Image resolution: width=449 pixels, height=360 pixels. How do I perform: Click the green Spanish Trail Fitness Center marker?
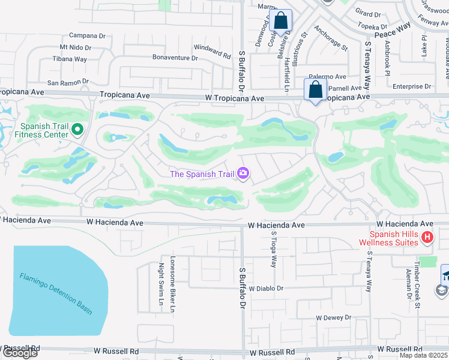77,129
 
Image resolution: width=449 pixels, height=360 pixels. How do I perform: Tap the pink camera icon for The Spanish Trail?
244,174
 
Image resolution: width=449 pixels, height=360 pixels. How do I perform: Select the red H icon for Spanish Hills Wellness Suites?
427,238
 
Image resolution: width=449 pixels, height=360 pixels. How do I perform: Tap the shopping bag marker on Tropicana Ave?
316,91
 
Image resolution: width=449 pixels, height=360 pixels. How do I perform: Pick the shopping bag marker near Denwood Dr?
280,21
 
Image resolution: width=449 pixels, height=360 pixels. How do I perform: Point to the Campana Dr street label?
87,35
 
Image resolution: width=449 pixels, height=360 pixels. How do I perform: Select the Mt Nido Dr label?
75,47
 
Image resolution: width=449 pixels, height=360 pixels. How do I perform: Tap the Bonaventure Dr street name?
175,58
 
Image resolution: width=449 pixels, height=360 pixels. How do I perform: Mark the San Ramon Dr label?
68,82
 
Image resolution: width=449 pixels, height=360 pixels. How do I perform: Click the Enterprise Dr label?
412,86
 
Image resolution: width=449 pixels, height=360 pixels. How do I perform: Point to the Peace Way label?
393,31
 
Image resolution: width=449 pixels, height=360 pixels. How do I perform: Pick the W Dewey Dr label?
333,317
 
